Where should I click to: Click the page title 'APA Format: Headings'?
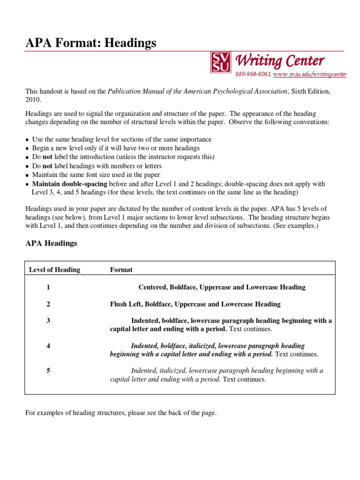click(x=90, y=43)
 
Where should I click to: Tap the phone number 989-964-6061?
click(x=253, y=74)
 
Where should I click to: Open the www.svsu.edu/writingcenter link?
click(x=310, y=74)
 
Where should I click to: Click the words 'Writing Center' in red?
click(x=280, y=60)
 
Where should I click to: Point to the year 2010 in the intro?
click(x=33, y=99)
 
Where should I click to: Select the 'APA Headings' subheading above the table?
click(x=51, y=243)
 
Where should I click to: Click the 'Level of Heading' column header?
click(x=54, y=270)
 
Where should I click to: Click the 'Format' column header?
click(x=121, y=270)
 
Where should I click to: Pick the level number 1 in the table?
click(x=48, y=287)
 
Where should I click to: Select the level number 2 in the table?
click(x=48, y=304)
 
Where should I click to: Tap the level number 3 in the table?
click(x=48, y=321)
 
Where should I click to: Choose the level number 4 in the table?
click(x=48, y=345)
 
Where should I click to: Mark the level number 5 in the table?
click(x=48, y=370)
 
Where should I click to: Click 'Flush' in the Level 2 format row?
click(x=119, y=304)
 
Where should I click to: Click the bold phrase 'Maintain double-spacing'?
click(x=69, y=184)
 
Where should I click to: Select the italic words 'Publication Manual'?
click(x=134, y=91)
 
